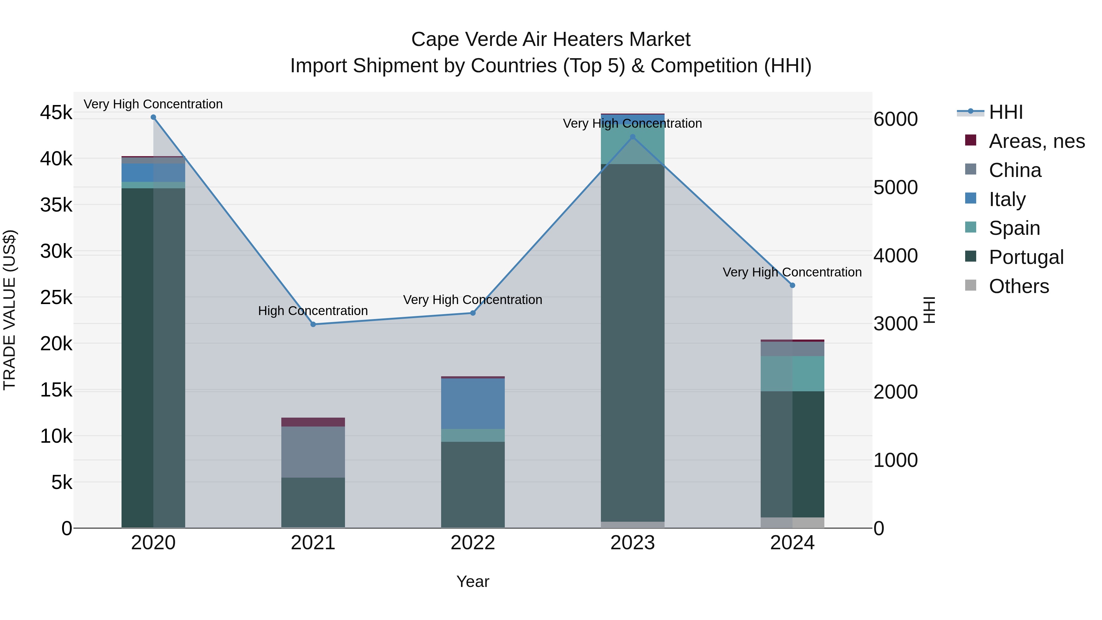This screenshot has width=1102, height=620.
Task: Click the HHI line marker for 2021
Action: (x=313, y=324)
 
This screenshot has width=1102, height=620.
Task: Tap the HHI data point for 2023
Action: (x=633, y=137)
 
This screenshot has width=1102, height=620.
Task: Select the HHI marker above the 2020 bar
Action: (x=153, y=117)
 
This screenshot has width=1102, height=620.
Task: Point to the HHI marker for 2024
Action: (x=792, y=285)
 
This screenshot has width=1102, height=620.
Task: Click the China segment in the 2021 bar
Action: (x=313, y=452)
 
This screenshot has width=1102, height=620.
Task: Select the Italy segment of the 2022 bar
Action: (x=473, y=404)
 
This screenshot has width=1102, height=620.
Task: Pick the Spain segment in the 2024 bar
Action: (x=792, y=374)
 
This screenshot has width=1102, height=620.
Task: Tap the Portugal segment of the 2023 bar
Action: (x=633, y=342)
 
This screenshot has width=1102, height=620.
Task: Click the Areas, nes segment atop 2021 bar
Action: (x=313, y=422)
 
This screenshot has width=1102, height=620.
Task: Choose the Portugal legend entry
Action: (x=1026, y=257)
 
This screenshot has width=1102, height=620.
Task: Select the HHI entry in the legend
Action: (x=1005, y=112)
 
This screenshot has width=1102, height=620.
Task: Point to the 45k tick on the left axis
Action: (x=56, y=113)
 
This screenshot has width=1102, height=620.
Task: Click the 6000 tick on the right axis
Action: (x=895, y=119)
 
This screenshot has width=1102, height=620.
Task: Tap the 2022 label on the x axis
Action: (x=473, y=543)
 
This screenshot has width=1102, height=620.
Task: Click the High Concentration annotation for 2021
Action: (x=313, y=311)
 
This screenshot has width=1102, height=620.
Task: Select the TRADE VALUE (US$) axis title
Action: (x=10, y=310)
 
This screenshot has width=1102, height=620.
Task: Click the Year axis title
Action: (x=473, y=581)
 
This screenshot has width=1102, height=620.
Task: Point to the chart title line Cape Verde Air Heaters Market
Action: (x=551, y=39)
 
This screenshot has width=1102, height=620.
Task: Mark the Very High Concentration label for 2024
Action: (x=792, y=272)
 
